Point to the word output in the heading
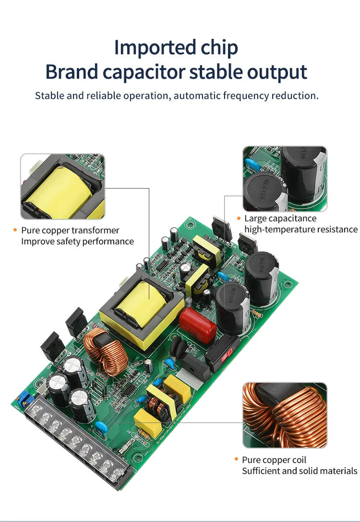(x=277, y=72)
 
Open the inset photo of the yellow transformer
(x=62, y=186)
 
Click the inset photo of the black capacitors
(x=285, y=179)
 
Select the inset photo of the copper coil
(x=285, y=415)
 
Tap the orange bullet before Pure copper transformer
(x=15, y=230)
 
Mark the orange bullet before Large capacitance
(x=239, y=218)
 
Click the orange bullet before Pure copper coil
(x=237, y=460)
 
